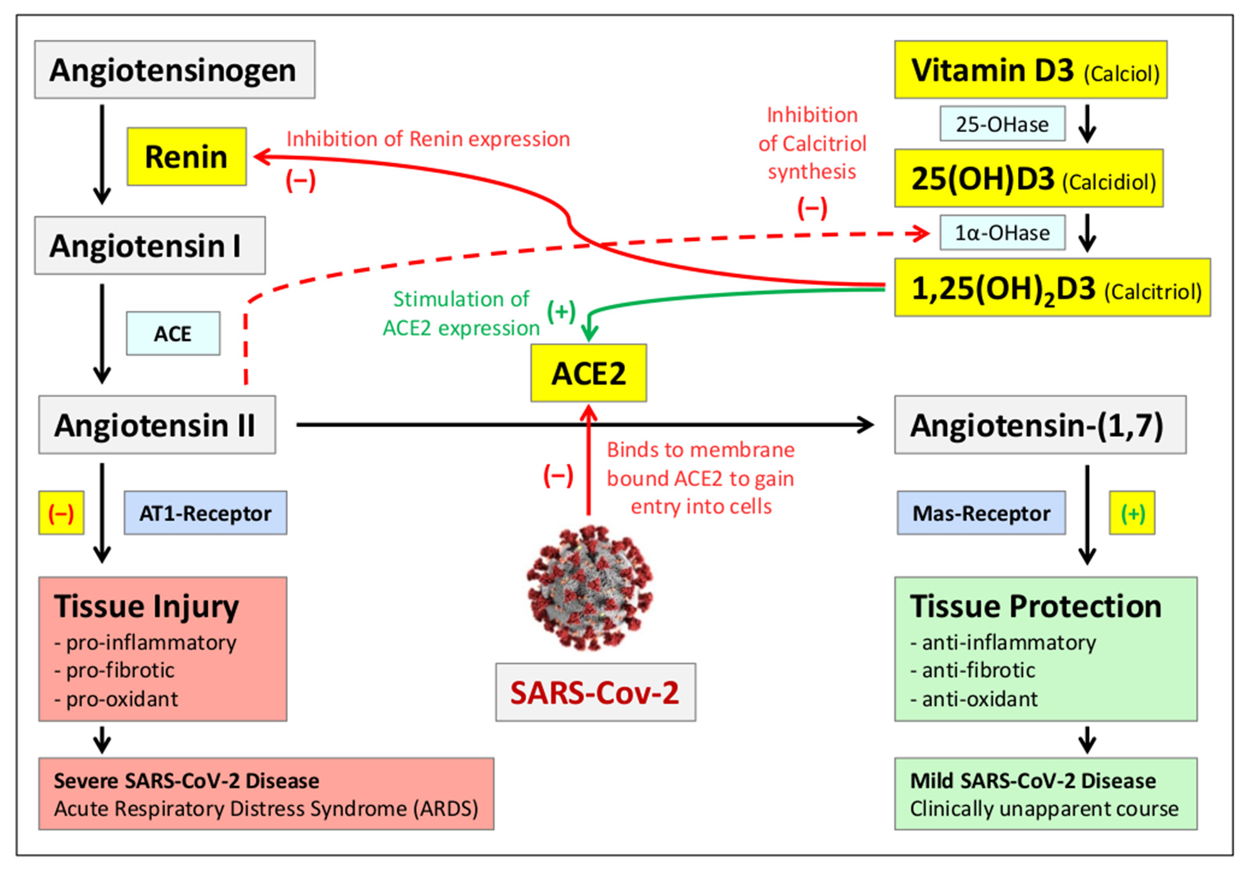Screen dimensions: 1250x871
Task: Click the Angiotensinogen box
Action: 175,69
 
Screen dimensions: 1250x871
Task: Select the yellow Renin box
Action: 187,156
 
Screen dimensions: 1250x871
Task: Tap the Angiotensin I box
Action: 150,245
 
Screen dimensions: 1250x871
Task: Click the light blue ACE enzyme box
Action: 173,334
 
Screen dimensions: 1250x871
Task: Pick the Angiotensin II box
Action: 157,425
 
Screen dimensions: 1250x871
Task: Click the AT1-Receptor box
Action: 206,513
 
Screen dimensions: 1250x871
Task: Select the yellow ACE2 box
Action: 589,373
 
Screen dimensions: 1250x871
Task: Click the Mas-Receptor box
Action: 982,513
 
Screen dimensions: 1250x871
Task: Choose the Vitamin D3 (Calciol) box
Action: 1031,69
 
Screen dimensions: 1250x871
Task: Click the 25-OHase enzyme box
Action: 1003,124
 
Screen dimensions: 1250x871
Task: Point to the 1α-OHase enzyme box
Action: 1003,233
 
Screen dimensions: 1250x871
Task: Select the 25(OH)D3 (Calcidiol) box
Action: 1029,178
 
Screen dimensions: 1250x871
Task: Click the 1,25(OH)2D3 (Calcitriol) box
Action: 1053,288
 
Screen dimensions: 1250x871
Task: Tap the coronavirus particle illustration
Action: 590,587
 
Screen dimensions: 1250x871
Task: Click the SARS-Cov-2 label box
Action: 595,692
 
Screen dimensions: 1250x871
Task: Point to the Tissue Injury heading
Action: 147,606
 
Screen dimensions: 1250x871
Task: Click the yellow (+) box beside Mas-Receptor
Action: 1132,513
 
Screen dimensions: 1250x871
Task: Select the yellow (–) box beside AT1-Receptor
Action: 61,513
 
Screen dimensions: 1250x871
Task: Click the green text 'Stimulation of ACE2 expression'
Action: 462,313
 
